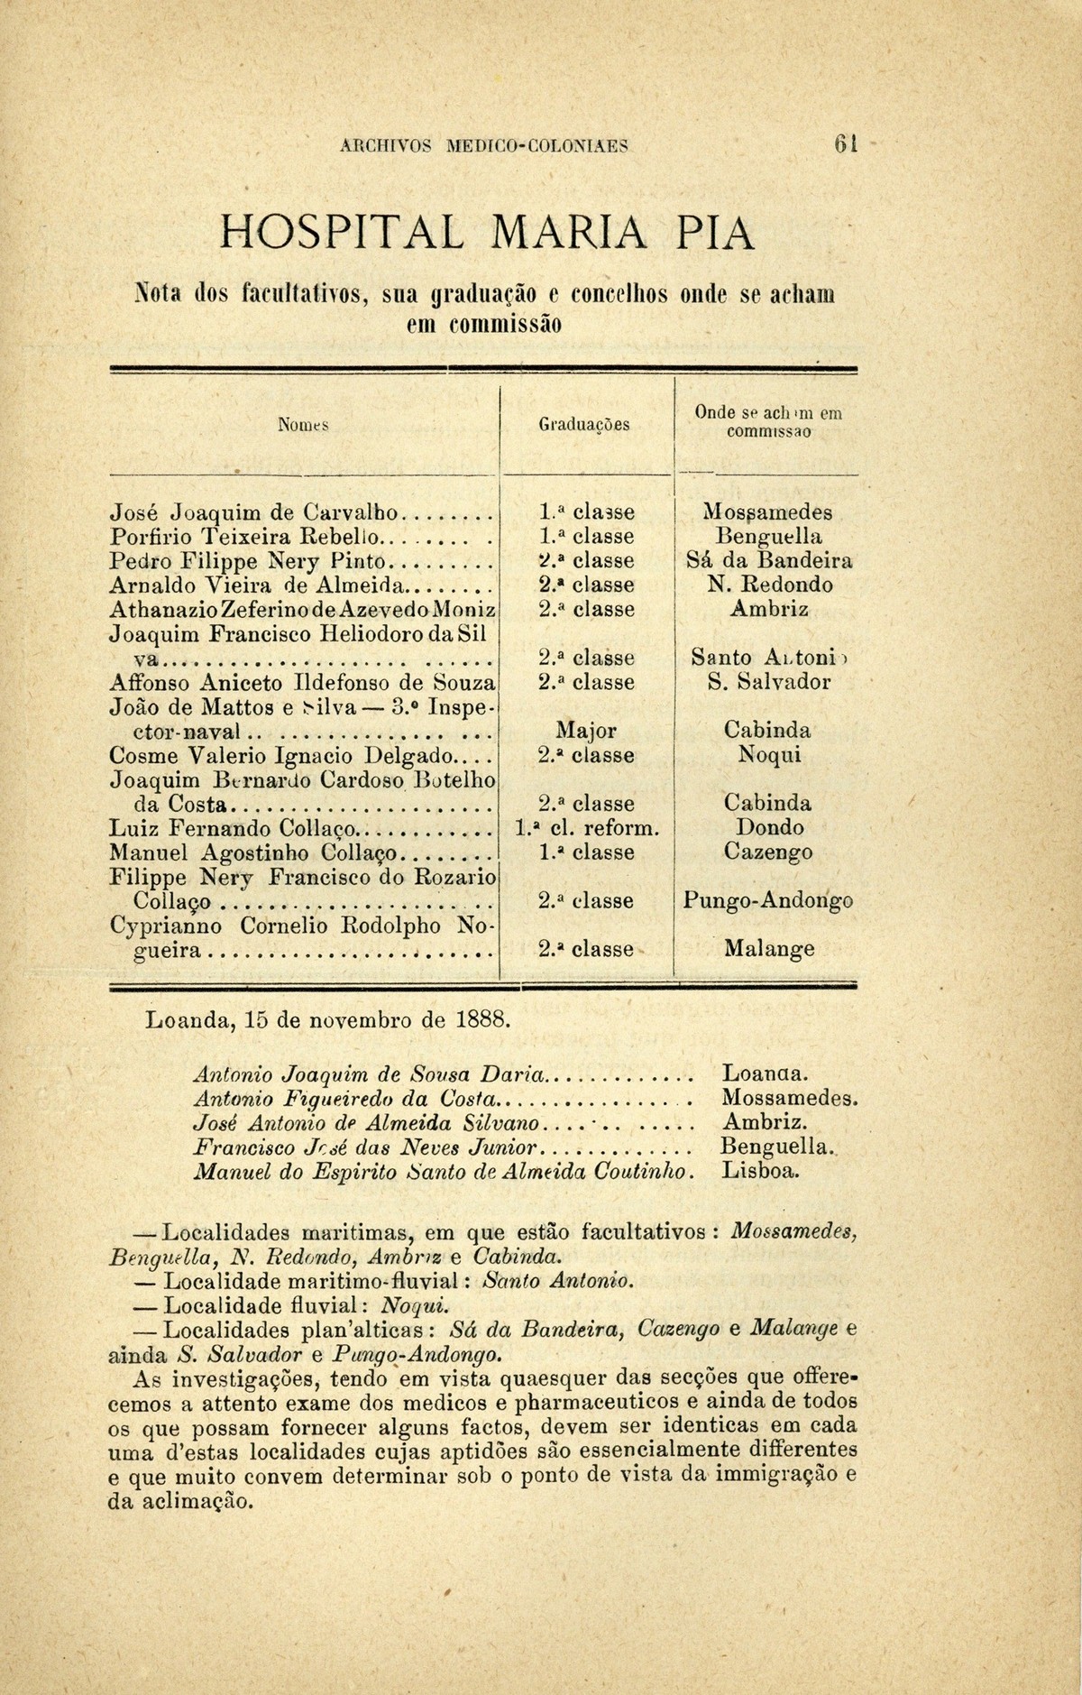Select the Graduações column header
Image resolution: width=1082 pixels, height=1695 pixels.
pos(583,423)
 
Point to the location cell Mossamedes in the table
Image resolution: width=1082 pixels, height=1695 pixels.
pos(767,512)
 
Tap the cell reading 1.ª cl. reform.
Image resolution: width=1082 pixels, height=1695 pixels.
pos(587,828)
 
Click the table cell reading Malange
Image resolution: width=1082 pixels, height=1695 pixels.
pos(769,949)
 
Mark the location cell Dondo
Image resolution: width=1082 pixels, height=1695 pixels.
pos(769,828)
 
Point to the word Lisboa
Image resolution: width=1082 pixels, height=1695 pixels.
pos(761,1172)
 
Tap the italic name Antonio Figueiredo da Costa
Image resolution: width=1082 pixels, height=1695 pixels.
pos(346,1099)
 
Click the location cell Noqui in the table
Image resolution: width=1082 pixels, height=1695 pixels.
pos(768,755)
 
